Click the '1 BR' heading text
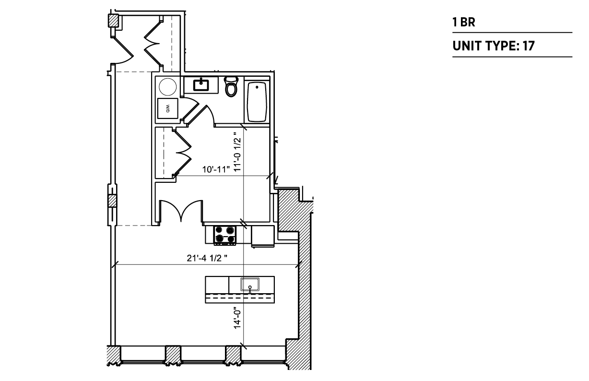point(464,22)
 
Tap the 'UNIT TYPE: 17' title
point(494,46)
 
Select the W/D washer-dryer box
point(167,108)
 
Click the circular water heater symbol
point(168,86)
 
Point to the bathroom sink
point(201,85)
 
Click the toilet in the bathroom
point(231,86)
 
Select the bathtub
point(257,102)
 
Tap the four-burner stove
point(225,235)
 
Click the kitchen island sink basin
point(250,285)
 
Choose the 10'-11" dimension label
point(216,169)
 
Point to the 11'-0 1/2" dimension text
point(237,152)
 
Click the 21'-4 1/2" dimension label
point(207,258)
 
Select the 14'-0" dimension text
point(237,318)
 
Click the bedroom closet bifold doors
point(183,152)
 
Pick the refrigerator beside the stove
point(263,236)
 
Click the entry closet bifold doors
point(153,43)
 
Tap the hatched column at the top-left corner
point(113,21)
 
